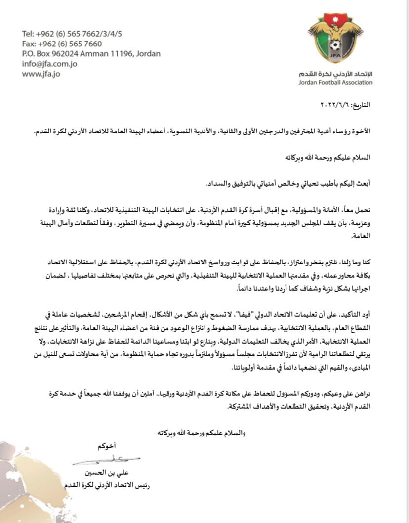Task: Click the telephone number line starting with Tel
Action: click(72, 34)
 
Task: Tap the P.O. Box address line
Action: click(91, 54)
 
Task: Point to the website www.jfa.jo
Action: click(41, 74)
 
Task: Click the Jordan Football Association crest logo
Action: click(335, 39)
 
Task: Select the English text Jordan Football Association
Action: click(335, 82)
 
